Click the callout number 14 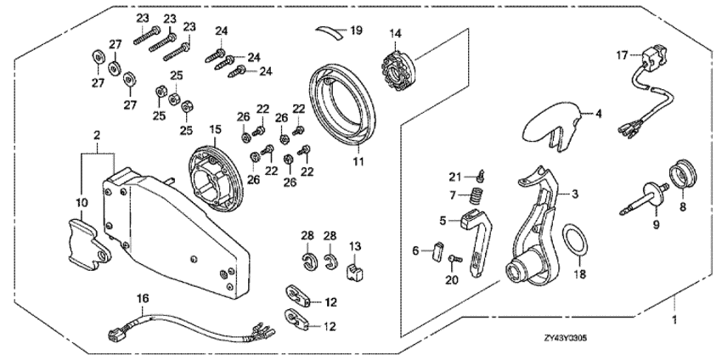point(394,33)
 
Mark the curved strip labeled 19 point(331,31)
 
